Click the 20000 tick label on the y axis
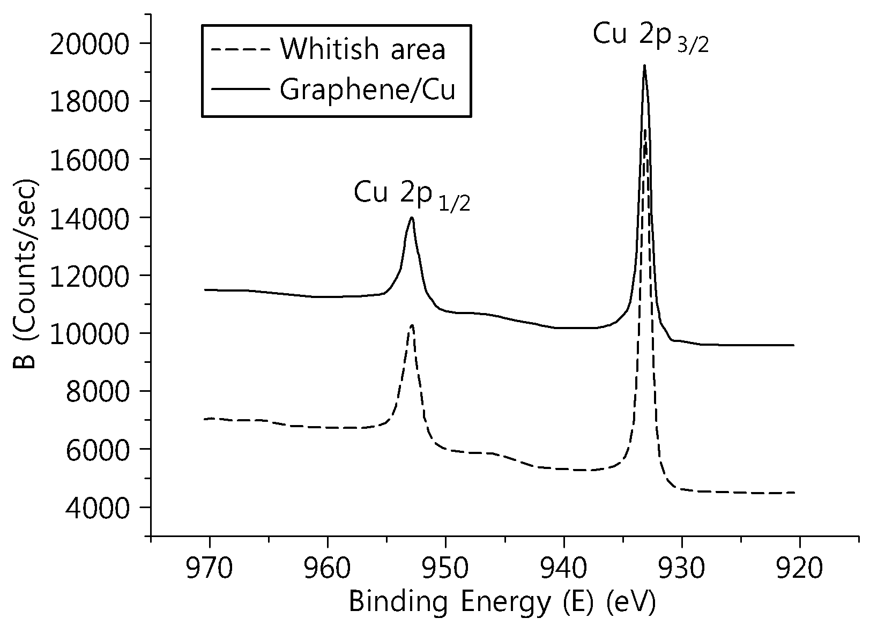[89, 44]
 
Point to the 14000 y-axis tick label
[89, 218]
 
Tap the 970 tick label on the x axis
[210, 568]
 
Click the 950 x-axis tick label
[445, 568]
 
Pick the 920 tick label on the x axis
[800, 568]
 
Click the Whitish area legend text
[363, 49]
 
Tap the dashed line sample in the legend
[240, 49]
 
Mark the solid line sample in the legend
[240, 89]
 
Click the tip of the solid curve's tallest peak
[644, 65]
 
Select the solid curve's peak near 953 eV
[412, 217]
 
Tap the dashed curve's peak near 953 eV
[412, 325]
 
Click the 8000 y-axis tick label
[97, 392]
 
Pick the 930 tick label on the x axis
[682, 568]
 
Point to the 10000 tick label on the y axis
[89, 334]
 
